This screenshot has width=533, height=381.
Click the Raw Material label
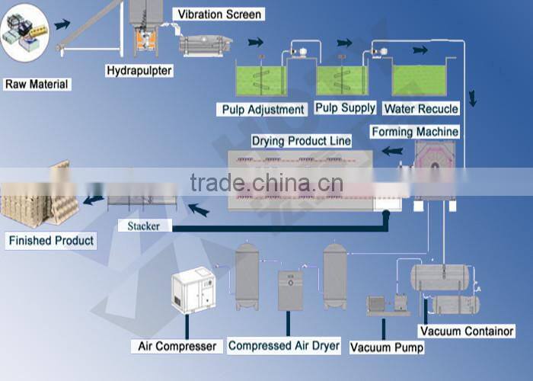(x=37, y=85)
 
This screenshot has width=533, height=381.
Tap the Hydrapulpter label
(x=139, y=71)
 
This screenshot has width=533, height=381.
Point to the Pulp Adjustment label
(x=263, y=110)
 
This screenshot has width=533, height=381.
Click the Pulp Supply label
(x=345, y=108)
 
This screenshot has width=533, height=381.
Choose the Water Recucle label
(x=421, y=109)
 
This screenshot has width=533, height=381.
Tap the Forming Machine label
(x=415, y=132)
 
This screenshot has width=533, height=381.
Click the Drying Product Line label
(x=302, y=141)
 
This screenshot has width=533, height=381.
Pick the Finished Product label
(x=51, y=241)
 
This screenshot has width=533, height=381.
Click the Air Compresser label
(x=177, y=347)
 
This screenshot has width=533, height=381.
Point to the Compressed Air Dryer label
(x=284, y=346)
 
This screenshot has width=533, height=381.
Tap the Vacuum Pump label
(x=386, y=347)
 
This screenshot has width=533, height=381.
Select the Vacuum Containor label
(x=467, y=331)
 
